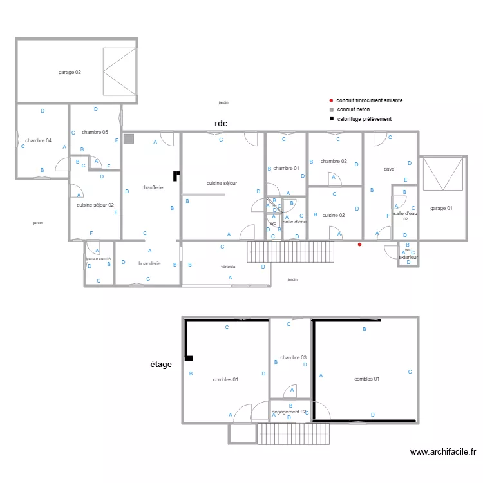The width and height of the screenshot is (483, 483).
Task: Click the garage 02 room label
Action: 70,72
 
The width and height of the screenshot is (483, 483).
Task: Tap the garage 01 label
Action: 441,208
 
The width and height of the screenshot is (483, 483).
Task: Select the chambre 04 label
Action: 39,140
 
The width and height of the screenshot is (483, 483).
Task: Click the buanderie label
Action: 149,263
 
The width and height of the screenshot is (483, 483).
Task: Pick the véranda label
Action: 228,265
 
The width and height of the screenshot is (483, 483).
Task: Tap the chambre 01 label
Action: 286,168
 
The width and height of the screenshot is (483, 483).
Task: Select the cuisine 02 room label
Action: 334,215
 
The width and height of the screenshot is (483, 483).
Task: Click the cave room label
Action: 389,169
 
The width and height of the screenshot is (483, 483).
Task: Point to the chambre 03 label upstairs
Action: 293,357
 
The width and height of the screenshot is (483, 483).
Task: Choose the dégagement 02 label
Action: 289,412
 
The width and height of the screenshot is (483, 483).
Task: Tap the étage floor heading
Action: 161,365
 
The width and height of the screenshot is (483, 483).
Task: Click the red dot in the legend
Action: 331,100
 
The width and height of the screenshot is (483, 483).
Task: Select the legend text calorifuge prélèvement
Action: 364,119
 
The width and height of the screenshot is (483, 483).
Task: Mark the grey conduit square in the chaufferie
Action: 129,138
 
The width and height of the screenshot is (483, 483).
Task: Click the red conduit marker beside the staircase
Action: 359,245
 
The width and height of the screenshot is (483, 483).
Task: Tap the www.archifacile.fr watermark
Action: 442,452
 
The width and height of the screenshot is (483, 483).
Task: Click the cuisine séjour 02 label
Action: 95,205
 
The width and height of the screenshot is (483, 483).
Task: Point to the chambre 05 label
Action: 95,132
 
